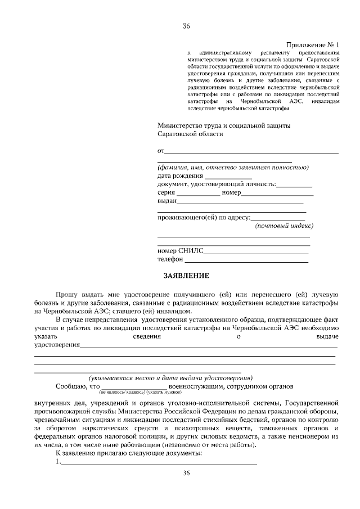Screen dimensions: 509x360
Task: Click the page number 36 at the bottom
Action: [187, 474]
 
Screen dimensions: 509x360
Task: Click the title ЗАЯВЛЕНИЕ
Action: [186, 276]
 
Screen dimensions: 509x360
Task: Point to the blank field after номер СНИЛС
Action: [256, 251]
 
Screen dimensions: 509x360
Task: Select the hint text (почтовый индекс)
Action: [284, 226]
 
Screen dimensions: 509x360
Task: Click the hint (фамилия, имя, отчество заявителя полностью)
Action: [232, 167]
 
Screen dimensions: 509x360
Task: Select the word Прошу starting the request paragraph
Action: [66, 295]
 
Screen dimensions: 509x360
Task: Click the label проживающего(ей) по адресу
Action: [203, 217]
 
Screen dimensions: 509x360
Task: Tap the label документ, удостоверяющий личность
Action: [216, 184]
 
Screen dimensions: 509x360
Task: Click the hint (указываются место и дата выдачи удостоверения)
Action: [170, 377]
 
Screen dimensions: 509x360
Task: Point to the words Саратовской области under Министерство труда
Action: [190, 134]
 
